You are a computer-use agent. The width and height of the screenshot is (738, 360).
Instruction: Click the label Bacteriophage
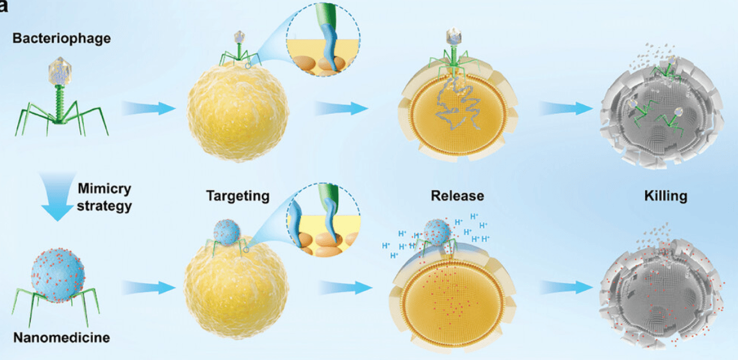coord(60,38)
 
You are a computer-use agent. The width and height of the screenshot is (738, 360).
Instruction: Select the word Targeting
coord(237,195)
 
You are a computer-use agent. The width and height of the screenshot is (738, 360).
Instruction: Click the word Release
coord(457,195)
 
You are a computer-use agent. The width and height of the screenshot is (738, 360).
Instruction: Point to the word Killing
coord(665,195)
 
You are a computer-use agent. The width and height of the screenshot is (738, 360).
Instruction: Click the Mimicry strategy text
coord(104,197)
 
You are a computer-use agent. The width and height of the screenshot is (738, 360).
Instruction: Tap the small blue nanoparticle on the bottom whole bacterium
coord(227,230)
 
